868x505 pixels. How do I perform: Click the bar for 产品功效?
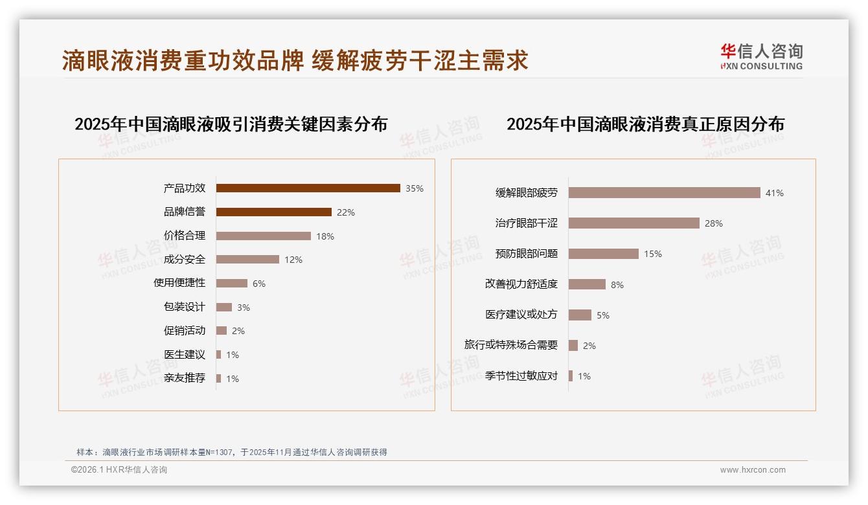(x=308, y=188)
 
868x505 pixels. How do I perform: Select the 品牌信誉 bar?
(x=273, y=212)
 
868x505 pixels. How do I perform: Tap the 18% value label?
(x=325, y=236)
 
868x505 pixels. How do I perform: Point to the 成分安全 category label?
(x=185, y=260)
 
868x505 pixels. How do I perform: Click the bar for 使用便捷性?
(x=231, y=283)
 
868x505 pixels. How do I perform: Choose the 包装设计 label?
(x=185, y=307)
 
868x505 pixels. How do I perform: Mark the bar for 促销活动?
(x=222, y=331)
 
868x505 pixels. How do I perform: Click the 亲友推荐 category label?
(x=185, y=378)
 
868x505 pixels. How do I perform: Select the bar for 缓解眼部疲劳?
(x=664, y=193)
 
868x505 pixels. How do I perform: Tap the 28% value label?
(x=714, y=223)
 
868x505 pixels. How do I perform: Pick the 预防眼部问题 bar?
(x=603, y=254)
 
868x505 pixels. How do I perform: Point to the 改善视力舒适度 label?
(x=521, y=284)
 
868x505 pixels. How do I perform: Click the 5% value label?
(x=603, y=315)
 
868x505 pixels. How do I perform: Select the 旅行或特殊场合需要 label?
(x=511, y=345)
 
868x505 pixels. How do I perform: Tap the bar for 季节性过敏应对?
(x=571, y=376)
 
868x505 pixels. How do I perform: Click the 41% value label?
(x=775, y=193)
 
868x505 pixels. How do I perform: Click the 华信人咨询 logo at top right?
(x=761, y=57)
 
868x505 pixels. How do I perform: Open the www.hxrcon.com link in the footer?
(x=753, y=470)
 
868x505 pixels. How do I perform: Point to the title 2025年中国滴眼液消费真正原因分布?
(x=645, y=124)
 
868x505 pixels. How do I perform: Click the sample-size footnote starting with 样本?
(x=232, y=452)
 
